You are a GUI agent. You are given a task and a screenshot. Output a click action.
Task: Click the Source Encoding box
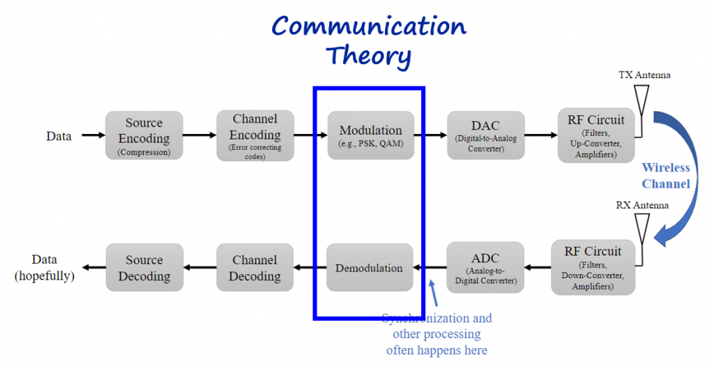[x=144, y=137]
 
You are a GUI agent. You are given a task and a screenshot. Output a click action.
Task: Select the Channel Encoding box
[x=255, y=137]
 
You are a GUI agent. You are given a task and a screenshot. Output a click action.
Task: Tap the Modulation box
[x=370, y=135]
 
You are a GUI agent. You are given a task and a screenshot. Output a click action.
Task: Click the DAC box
[x=485, y=135]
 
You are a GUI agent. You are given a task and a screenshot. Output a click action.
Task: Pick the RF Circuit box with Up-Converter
[x=595, y=135]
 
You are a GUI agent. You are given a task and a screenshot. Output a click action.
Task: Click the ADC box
[x=485, y=267]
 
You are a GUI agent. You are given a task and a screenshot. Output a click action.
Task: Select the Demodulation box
[x=370, y=268]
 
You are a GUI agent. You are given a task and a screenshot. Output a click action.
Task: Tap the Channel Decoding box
[x=255, y=268]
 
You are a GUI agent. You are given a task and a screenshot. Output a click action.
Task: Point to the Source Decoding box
[x=144, y=268]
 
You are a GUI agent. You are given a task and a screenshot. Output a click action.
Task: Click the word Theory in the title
[x=369, y=54]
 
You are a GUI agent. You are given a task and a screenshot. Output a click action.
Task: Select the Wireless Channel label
[x=666, y=176]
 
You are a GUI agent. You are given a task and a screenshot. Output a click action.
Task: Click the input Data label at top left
[x=59, y=137]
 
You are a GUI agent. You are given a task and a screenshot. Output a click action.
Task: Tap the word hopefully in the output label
[x=45, y=275]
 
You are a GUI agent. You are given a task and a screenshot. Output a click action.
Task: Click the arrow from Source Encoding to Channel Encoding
[x=199, y=136]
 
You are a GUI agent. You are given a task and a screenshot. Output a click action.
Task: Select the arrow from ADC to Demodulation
[x=430, y=268]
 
